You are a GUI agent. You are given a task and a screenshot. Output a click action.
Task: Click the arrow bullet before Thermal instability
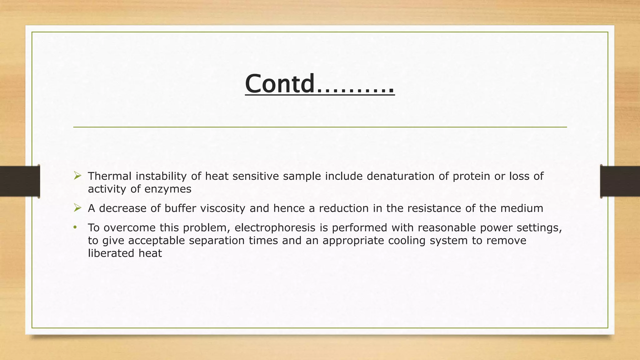pyautogui.click(x=77, y=176)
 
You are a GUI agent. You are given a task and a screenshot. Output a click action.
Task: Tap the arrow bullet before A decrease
pyautogui.click(x=77, y=208)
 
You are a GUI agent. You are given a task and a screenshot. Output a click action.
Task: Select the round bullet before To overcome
pyautogui.click(x=75, y=227)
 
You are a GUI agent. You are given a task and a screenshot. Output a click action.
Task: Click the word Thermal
pyautogui.click(x=109, y=176)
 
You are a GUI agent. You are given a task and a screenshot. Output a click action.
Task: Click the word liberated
pyautogui.click(x=111, y=253)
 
